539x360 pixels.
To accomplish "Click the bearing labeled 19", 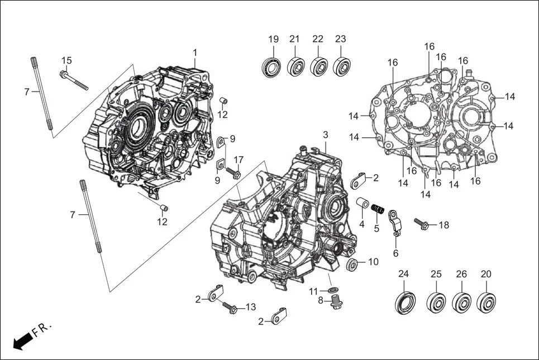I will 273,66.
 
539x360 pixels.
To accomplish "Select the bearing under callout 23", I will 341,66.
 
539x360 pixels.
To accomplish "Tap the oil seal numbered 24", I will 405,302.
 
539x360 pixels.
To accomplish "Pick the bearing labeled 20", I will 488,302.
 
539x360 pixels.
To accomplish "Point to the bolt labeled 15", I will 73,79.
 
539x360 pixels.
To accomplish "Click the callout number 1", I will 195,52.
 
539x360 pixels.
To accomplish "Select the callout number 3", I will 326,136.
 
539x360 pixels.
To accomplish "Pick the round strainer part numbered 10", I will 352,264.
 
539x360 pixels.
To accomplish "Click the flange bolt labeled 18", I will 424,225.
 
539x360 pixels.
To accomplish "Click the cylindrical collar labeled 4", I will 362,203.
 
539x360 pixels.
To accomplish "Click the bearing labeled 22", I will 318,66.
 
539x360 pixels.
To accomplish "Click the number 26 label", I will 461,274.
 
